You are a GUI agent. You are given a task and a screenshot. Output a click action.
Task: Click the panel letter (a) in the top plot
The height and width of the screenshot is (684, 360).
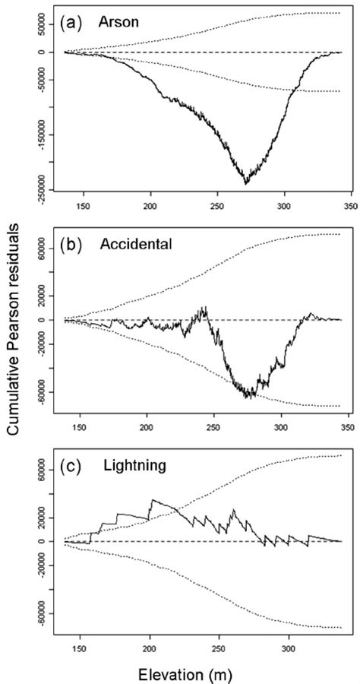click(72, 24)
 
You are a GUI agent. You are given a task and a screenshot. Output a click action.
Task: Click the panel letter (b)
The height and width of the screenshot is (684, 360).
click(72, 245)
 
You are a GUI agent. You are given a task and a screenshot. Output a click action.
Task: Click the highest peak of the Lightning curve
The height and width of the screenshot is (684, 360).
click(153, 499)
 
